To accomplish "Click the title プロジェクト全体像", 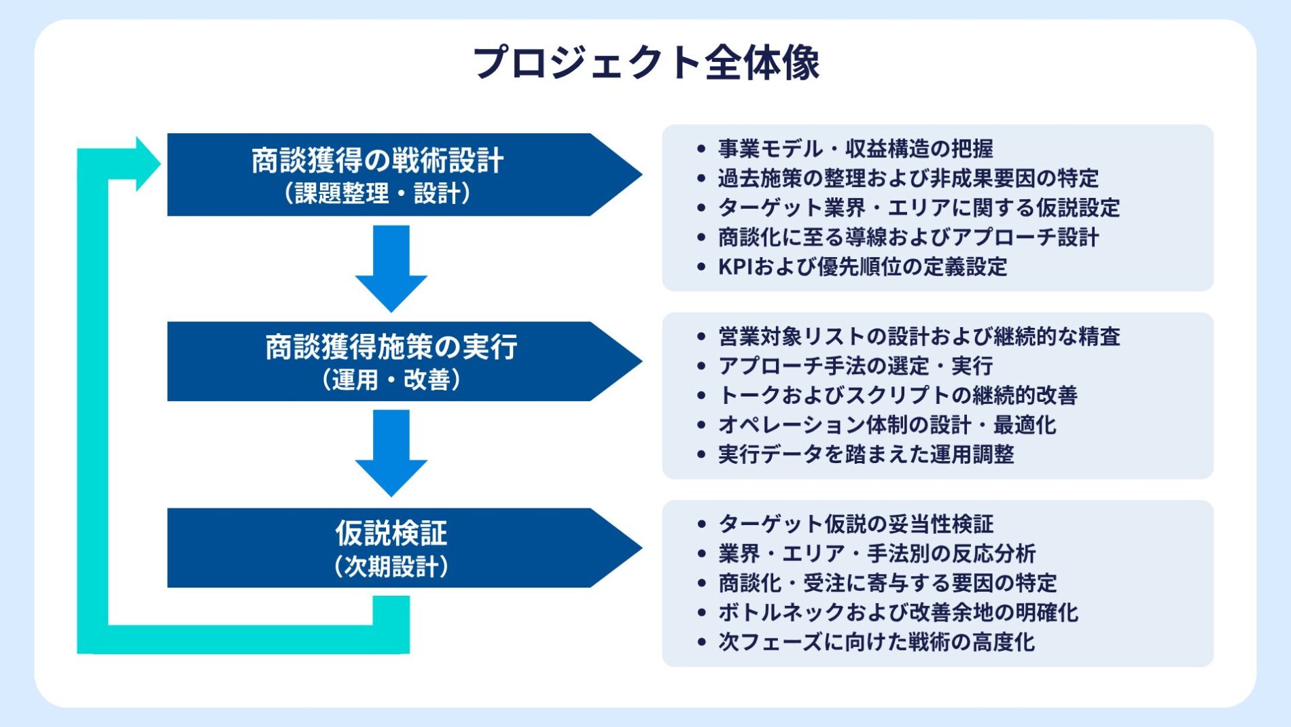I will click(645, 63).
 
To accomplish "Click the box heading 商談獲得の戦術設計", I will click(377, 161).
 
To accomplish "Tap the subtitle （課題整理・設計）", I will click(377, 194).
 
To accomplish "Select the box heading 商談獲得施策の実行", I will click(391, 348).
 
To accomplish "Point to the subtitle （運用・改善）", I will click(391, 379).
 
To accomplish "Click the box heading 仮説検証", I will click(391, 533).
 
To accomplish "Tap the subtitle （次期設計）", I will click(391, 566).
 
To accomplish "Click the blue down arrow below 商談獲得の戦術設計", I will click(391, 268).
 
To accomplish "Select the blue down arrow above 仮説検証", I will click(391, 452).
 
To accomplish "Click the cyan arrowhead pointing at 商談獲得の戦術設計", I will click(146, 164).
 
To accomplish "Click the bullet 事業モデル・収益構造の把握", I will click(855, 148).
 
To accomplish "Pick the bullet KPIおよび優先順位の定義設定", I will click(862, 267).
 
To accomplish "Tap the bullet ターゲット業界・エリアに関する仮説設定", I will click(918, 207).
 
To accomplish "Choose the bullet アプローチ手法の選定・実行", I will click(855, 366).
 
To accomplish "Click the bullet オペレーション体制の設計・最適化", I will click(887, 425).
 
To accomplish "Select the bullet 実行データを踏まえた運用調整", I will click(866, 454).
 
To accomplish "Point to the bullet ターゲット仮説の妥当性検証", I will click(855, 524).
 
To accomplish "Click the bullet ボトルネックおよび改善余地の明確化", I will click(898, 612).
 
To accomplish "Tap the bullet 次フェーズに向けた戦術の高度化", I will click(876, 642).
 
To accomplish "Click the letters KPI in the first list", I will click(735, 267).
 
